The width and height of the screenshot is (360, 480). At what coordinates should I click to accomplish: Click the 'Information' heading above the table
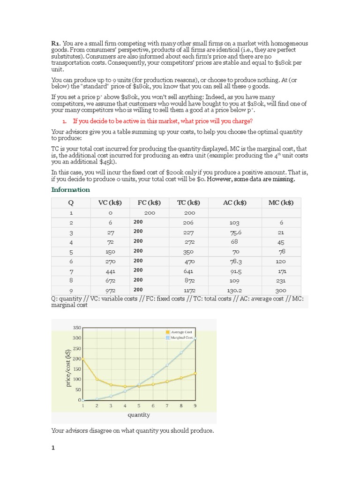(70, 189)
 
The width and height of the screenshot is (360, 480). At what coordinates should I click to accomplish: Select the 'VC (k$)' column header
(110, 202)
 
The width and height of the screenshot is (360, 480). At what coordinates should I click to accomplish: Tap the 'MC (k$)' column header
(281, 202)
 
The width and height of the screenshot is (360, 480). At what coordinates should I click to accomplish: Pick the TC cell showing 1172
(189, 291)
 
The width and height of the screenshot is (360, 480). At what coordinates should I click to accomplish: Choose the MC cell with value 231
(281, 281)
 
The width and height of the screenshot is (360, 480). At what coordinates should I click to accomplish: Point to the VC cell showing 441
(110, 271)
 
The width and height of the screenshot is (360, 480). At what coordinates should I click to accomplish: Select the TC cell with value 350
(189, 252)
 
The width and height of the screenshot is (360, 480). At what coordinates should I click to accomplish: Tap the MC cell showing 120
(281, 261)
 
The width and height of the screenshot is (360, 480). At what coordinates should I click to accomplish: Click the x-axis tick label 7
(167, 406)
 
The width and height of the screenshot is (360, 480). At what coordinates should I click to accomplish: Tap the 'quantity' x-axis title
(139, 415)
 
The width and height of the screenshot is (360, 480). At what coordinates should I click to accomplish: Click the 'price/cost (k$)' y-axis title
(68, 368)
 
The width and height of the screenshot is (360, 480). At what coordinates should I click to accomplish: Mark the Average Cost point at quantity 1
(83, 359)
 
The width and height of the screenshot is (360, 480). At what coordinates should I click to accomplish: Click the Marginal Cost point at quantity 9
(195, 339)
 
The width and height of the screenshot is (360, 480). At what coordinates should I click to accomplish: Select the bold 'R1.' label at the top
(56, 44)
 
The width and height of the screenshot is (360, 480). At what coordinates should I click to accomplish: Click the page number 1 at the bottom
(53, 447)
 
